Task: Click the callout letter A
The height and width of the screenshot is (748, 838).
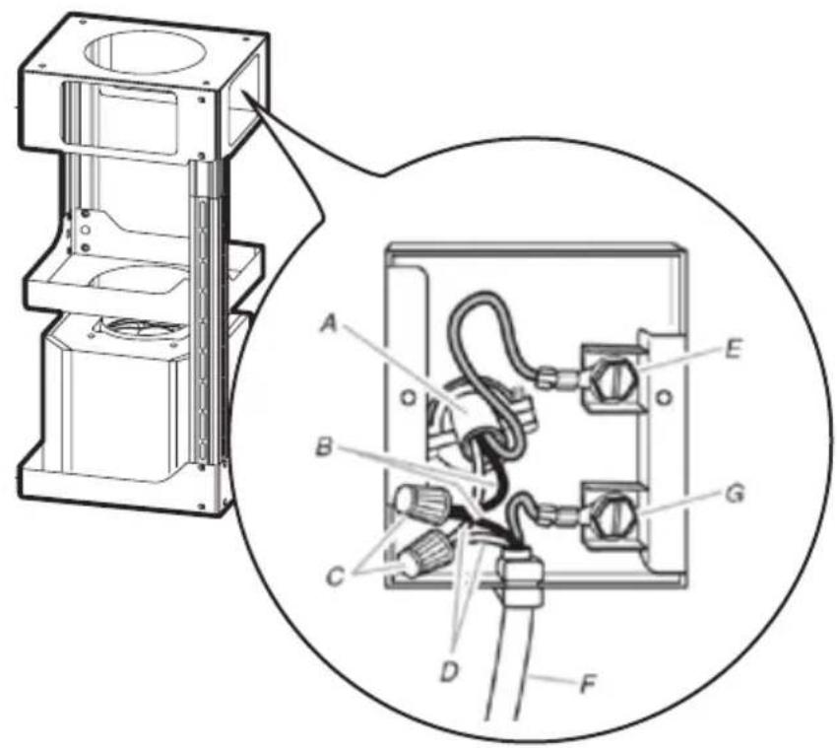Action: (x=330, y=323)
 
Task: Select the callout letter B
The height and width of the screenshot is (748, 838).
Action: (x=324, y=447)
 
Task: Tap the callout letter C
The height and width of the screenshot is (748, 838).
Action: (x=336, y=578)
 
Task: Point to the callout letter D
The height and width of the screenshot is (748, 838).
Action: (x=449, y=672)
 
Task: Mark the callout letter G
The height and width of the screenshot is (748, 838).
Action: (x=735, y=495)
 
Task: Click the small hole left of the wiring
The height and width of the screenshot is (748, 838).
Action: (x=409, y=397)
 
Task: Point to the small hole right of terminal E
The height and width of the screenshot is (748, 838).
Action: (x=664, y=397)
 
